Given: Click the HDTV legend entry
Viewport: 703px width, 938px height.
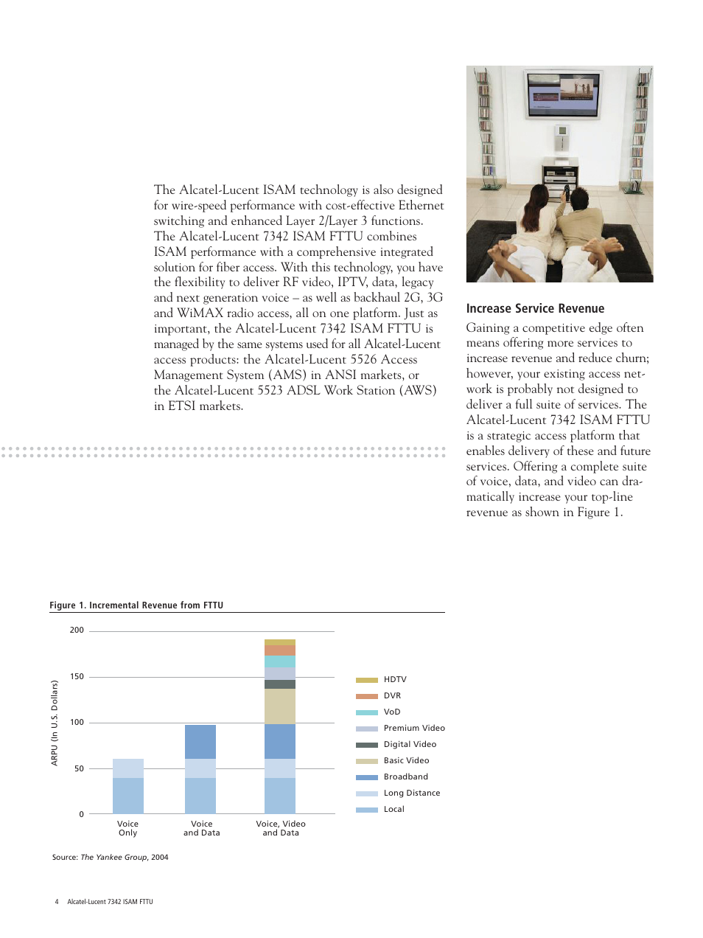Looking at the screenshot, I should click(395, 679).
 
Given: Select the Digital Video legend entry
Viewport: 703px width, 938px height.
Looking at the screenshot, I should click(410, 744).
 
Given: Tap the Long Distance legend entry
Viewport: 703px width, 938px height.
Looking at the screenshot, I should click(411, 793).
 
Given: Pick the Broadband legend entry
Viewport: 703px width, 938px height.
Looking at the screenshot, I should click(405, 777).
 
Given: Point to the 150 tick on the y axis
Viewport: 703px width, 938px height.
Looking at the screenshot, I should click(77, 676).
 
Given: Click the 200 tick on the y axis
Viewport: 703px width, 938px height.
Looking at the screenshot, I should click(77, 630).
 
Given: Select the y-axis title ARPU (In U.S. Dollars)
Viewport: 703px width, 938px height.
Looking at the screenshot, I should click(55, 723).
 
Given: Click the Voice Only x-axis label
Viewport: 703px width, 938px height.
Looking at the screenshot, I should click(128, 828).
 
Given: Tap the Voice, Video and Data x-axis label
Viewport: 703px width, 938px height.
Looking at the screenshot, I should click(281, 828).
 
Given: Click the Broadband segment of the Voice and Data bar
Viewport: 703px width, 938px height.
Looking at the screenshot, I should click(200, 741).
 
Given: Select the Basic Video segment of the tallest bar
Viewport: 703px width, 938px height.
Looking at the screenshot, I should click(280, 706).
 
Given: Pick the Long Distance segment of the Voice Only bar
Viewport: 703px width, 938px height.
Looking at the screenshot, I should click(128, 768).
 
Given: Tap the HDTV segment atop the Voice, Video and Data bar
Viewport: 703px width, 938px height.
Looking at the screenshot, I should click(280, 642).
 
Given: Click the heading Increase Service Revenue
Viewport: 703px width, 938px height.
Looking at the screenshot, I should click(535, 308).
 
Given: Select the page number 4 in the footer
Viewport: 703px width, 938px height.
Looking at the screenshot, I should click(57, 902).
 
